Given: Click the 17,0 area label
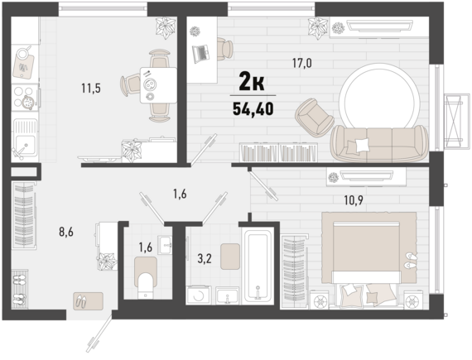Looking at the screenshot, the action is pos(302,63).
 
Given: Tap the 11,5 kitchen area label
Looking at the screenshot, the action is pos(91,89).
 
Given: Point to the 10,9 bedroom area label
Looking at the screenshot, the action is pos(354,200).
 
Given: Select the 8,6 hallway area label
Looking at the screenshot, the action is pos(66,233).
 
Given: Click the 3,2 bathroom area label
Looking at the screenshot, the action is pos(205,259).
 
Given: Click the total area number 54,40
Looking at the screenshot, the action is pos(253,109).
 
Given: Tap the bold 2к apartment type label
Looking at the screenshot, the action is pos(252,82).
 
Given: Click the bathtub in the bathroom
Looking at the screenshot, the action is pos(258,265).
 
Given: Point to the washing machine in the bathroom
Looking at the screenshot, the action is pos(199,295).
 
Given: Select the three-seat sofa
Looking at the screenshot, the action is pos(379,143).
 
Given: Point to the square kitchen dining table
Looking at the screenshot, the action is pos(158,85).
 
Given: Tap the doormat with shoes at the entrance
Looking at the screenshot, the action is pos(89,301).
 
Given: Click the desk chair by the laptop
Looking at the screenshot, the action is pos(224,49).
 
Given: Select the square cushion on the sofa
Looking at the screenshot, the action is pos(362,145).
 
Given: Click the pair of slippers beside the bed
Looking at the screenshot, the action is pos(412,261).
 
